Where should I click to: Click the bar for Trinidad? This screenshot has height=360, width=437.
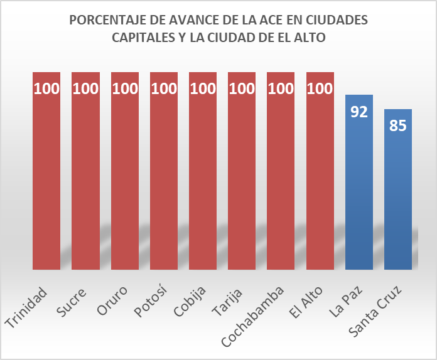pyautogui.click(x=46, y=176)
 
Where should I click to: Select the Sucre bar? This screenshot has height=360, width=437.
pyautogui.click(x=85, y=176)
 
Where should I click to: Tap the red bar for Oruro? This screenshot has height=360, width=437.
pyautogui.click(x=124, y=176)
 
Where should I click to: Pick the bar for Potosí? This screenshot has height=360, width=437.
pyautogui.click(x=163, y=176)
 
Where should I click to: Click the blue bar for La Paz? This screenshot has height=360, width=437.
pyautogui.click(x=359, y=188)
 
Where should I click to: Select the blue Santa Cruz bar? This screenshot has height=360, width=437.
pyautogui.click(x=397, y=194)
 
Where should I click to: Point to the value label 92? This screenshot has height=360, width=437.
pyautogui.click(x=359, y=112)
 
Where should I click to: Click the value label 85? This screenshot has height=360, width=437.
pyautogui.click(x=397, y=125)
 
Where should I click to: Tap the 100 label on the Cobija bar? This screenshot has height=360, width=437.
pyautogui.click(x=203, y=88)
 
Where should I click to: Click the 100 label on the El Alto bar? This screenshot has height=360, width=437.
pyautogui.click(x=320, y=88)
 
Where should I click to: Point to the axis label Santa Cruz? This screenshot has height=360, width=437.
pyautogui.click(x=375, y=312)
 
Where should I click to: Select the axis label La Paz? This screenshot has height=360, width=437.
pyautogui.click(x=349, y=299)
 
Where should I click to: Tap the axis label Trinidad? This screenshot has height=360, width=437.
pyautogui.click(x=27, y=307)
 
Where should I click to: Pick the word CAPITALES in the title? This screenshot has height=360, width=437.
pyautogui.click(x=143, y=38)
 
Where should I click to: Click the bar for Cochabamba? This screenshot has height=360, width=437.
pyautogui.click(x=281, y=176)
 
